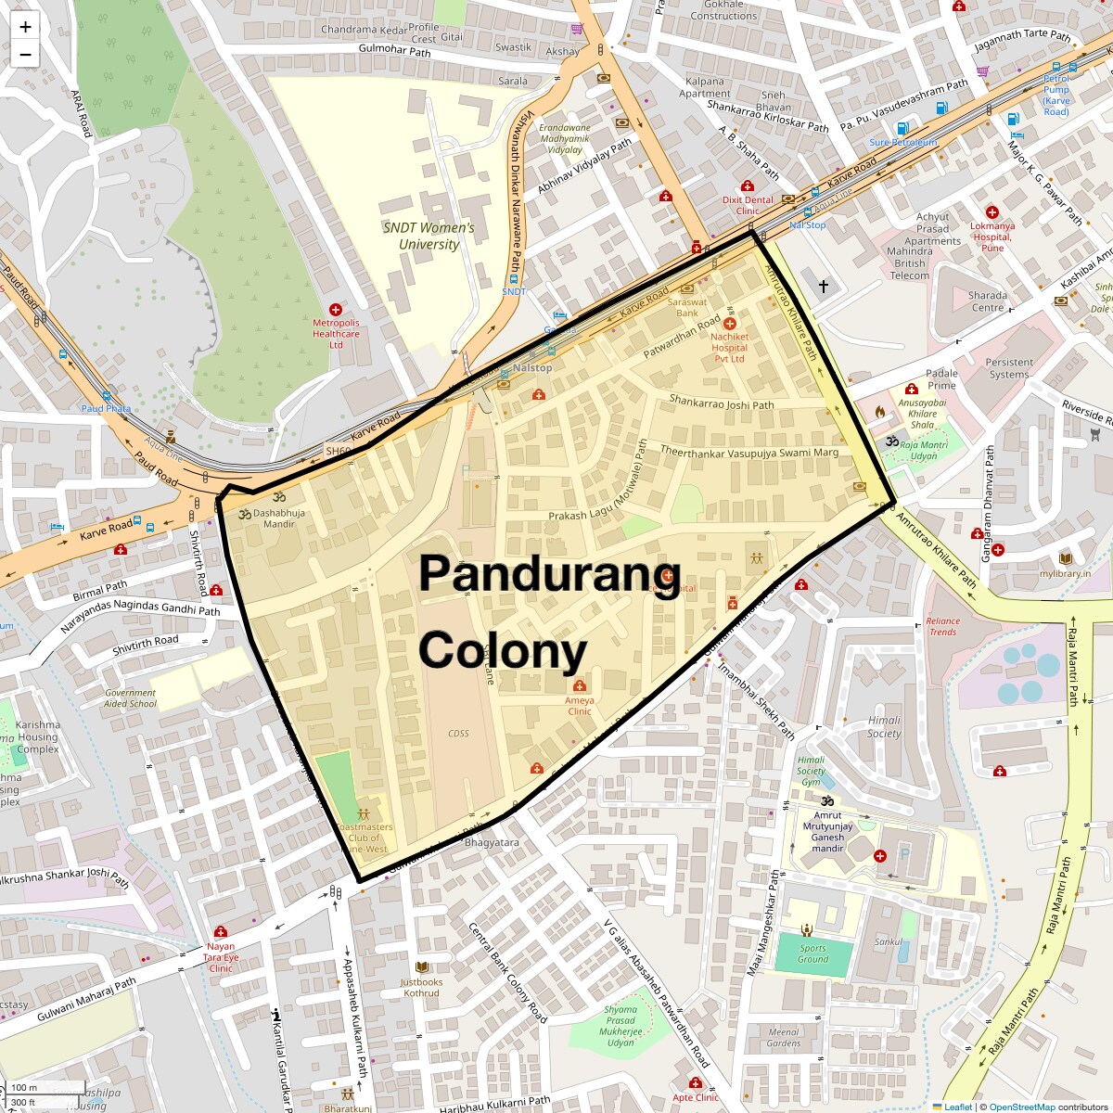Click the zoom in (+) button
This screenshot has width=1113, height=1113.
(25, 27)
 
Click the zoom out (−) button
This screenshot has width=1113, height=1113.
(25, 54)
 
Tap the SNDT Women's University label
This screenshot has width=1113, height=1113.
(429, 236)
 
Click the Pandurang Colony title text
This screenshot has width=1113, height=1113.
(549, 612)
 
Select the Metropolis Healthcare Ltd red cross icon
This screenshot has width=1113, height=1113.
(336, 310)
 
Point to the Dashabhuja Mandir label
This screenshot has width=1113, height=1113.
(278, 518)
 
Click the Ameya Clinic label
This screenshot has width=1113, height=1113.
(580, 706)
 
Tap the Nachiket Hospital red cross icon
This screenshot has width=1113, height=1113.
(730, 324)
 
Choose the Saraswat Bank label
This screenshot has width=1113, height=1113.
(687, 307)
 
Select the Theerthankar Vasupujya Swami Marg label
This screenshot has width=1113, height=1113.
(748, 452)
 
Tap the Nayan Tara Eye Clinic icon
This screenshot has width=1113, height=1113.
(221, 932)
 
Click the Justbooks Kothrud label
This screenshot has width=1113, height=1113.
(421, 987)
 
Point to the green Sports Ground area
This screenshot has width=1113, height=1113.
(812, 954)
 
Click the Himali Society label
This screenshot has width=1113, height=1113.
(884, 726)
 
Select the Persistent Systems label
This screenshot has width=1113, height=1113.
(1009, 368)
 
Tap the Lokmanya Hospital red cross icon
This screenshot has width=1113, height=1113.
(991, 212)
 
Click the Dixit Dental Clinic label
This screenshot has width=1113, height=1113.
(748, 205)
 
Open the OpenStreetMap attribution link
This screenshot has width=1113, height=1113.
(1021, 1107)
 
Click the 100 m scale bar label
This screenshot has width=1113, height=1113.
(25, 1087)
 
